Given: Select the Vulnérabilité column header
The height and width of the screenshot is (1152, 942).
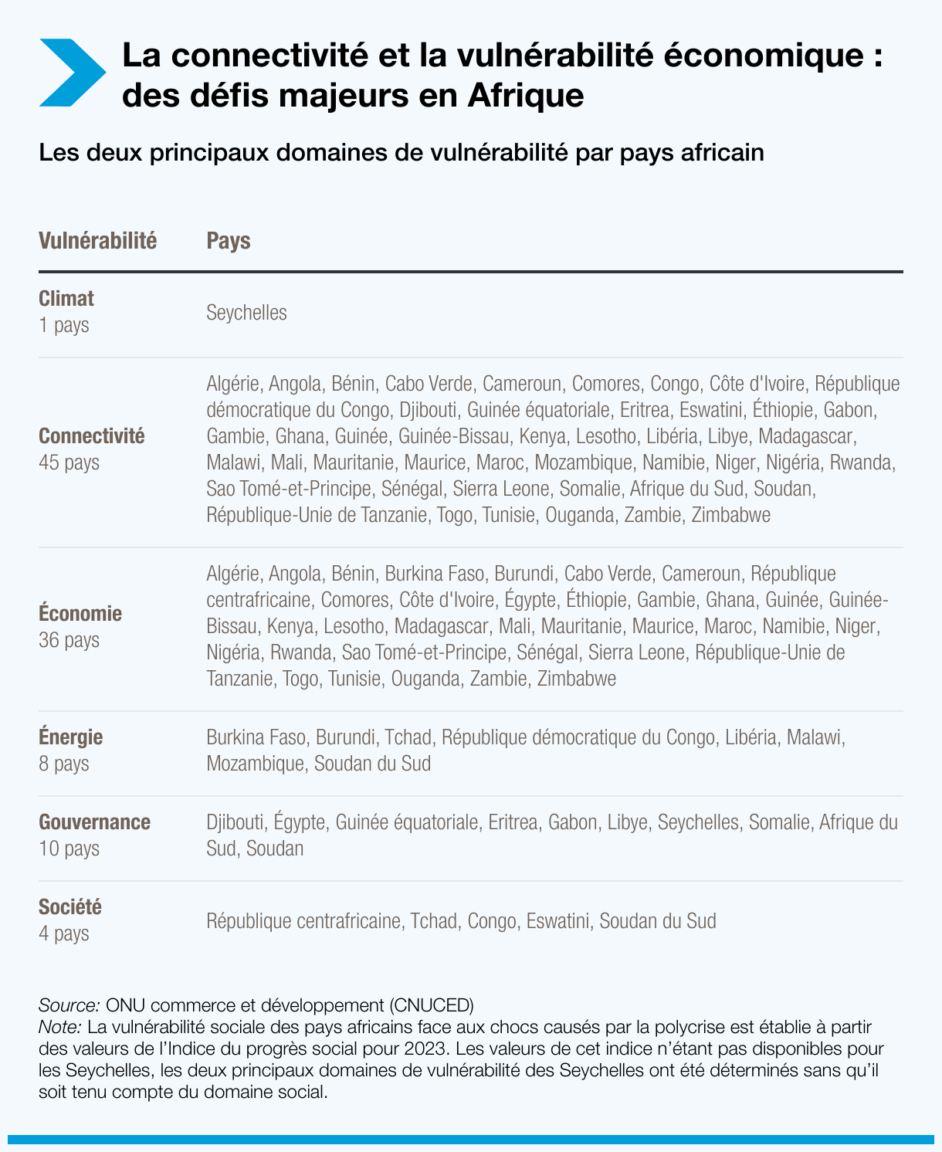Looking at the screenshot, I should (97, 241).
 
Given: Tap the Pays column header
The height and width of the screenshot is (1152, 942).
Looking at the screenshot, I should (229, 241).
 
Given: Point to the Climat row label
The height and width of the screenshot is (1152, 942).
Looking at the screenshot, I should (66, 299).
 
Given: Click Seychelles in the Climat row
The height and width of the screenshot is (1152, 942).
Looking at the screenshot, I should (246, 313).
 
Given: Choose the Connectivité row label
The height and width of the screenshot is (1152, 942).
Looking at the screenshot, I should (92, 436).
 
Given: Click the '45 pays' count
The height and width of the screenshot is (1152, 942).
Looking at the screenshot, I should (69, 462).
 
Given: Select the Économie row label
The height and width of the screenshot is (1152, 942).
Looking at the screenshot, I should (80, 614).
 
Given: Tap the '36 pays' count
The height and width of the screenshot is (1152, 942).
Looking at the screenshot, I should (69, 640).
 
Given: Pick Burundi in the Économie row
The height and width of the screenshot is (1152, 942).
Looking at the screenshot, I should (524, 574).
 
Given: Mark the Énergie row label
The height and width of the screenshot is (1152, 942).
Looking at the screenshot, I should (71, 737).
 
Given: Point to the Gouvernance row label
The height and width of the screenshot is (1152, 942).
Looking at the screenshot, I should (94, 822).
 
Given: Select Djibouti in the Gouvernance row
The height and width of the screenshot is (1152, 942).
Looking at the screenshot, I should (235, 822).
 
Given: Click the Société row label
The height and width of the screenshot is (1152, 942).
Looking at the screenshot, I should (70, 907).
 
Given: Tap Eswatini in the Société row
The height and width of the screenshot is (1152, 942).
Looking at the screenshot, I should (557, 921).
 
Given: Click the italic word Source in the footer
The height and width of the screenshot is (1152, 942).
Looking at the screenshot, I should (69, 1005).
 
